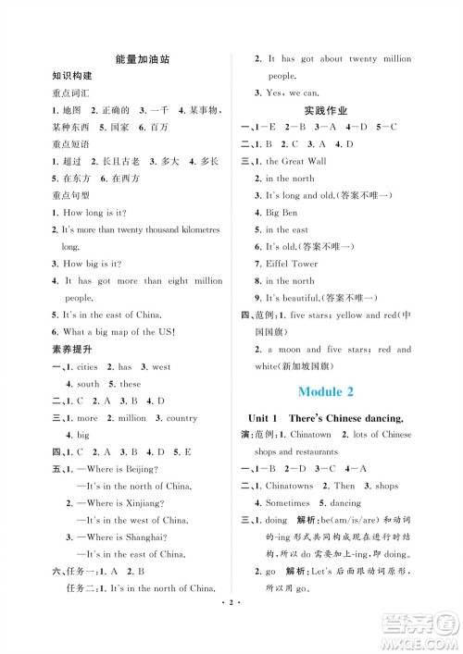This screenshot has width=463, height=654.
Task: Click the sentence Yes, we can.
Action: [x=294, y=93]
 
